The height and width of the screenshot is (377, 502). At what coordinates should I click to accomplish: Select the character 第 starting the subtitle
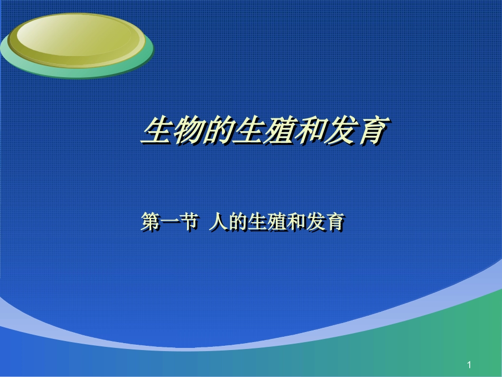(x=151, y=222)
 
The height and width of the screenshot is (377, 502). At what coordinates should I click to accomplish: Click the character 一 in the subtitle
(x=170, y=222)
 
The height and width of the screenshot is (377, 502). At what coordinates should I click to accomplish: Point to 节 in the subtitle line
(x=189, y=222)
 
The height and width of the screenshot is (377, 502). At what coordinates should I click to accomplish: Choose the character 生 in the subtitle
(x=257, y=222)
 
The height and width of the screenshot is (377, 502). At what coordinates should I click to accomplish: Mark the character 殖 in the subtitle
(x=276, y=222)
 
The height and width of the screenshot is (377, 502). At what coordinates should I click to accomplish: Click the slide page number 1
(x=469, y=365)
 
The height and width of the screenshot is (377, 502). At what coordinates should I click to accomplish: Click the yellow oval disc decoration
(x=74, y=37)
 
